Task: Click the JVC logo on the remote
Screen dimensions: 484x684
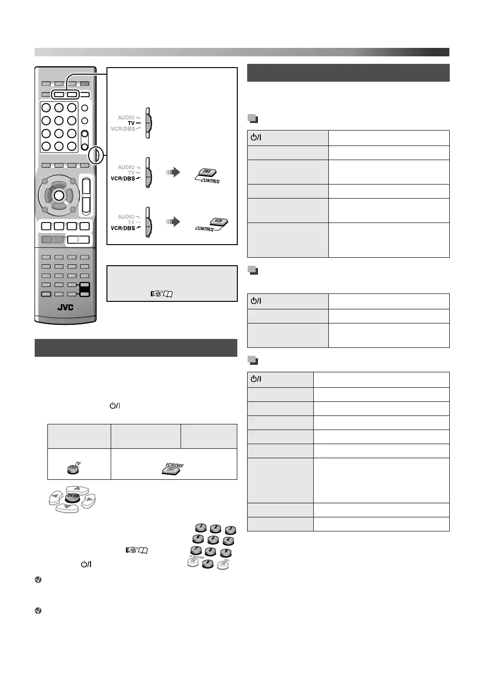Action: coord(65,307)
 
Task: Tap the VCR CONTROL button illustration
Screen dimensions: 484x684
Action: coord(217,223)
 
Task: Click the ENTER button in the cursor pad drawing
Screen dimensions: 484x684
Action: coord(72,499)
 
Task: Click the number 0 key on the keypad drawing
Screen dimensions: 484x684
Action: coord(207,564)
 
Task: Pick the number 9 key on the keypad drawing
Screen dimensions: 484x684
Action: coord(225,553)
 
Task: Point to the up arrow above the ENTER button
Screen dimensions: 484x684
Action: coord(78,490)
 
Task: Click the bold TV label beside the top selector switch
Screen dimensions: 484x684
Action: coord(131,123)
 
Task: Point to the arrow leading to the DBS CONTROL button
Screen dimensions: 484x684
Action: coord(173,172)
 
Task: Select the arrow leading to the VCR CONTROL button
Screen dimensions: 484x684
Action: coord(173,222)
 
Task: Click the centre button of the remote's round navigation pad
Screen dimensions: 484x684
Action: coord(59,195)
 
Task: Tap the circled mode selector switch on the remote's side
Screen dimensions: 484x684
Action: coord(96,155)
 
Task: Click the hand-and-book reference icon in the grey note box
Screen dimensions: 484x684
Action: coord(161,294)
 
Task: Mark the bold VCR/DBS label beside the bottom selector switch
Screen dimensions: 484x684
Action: coord(122,228)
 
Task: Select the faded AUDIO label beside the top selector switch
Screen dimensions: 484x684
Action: coord(126,117)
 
